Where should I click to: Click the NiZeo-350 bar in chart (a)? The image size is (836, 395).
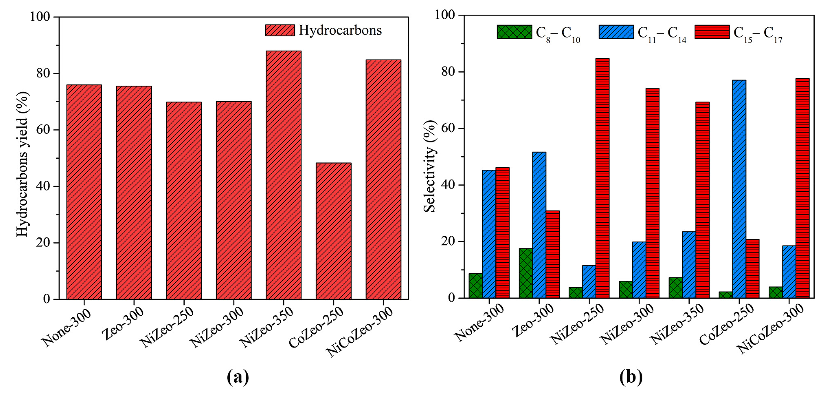tap(283, 175)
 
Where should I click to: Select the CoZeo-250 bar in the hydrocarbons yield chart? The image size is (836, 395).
tap(333, 231)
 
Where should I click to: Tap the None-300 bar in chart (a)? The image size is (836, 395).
tap(84, 192)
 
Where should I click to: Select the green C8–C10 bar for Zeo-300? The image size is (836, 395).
tap(526, 273)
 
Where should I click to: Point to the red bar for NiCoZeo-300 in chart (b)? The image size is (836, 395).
tap(802, 188)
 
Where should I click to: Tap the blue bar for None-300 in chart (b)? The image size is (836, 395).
tap(489, 234)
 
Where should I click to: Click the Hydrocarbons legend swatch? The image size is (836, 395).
tap(280, 30)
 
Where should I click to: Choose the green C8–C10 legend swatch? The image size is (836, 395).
tap(514, 32)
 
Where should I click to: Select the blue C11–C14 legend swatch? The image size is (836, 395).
tap(616, 32)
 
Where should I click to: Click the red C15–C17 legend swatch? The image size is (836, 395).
tap(712, 32)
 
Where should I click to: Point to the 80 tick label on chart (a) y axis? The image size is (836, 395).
tap(43, 73)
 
